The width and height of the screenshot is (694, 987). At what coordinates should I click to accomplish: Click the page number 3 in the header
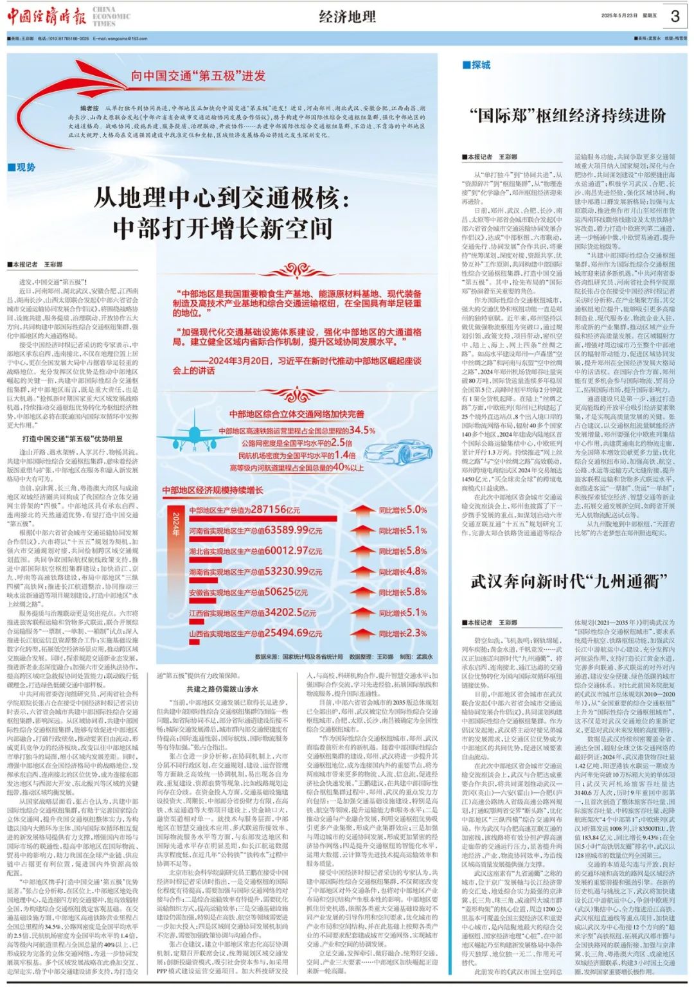(x=675, y=16)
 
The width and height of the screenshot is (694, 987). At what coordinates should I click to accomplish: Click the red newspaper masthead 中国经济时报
(x=46, y=17)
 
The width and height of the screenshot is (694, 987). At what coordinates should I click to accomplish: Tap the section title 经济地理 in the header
(x=347, y=17)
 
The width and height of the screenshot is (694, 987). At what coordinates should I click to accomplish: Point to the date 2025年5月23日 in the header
(x=619, y=15)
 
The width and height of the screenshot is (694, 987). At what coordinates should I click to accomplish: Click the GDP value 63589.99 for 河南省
(x=285, y=530)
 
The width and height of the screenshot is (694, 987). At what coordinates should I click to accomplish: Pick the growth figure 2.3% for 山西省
(x=412, y=633)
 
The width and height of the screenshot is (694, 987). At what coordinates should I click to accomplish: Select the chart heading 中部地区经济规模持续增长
(x=213, y=490)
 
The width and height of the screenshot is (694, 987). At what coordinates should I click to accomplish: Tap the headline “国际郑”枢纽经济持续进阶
(x=568, y=116)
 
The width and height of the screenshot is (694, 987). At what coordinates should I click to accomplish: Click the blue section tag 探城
(x=476, y=65)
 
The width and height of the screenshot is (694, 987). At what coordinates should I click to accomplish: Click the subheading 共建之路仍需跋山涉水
(x=222, y=689)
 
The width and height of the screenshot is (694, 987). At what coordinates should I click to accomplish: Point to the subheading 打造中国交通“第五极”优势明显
(x=72, y=439)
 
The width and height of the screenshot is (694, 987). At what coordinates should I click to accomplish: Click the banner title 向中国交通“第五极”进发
(x=198, y=76)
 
